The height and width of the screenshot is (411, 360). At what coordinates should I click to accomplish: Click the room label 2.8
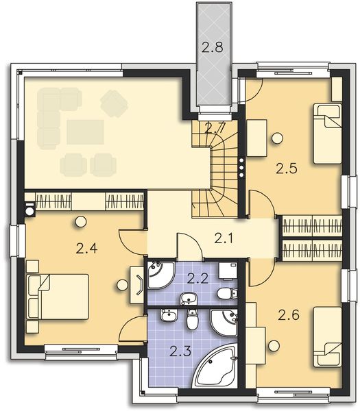(x=213, y=47)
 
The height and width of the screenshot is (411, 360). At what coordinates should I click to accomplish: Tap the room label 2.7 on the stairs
(x=215, y=127)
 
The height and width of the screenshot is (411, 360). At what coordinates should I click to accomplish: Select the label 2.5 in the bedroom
(x=287, y=168)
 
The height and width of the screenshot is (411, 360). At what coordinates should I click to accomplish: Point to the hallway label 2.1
(x=224, y=238)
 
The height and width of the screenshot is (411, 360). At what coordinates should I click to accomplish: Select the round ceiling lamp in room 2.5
(x=276, y=138)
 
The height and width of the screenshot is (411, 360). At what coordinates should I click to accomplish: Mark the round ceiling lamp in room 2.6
(x=276, y=345)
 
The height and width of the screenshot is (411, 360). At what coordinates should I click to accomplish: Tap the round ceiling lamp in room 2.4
(x=81, y=221)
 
